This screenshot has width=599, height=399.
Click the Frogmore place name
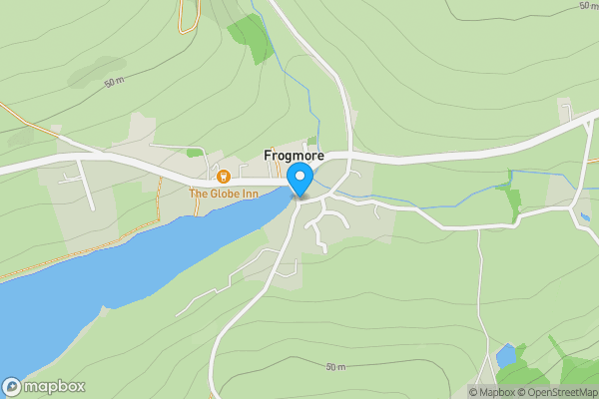[294, 156]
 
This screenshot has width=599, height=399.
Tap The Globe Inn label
[224, 193]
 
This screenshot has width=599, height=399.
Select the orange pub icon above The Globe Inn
[224, 178]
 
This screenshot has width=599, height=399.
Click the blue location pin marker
[299, 180]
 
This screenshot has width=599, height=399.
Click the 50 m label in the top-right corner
[588, 6]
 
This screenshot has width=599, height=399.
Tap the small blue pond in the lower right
[506, 355]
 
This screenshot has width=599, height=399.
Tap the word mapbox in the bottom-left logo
[55, 387]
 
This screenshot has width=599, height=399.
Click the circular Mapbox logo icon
[12, 387]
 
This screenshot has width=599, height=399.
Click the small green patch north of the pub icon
[194, 153]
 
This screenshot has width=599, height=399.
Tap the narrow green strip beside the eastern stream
[514, 201]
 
